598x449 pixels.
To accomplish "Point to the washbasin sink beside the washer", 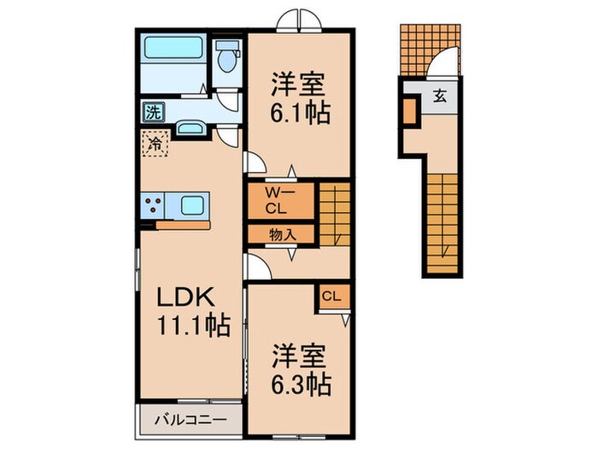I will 190,129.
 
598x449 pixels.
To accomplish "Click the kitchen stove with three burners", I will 155,205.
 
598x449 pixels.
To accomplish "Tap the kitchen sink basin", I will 191,205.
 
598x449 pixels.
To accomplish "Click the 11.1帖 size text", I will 193,326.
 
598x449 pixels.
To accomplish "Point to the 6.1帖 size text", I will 301,112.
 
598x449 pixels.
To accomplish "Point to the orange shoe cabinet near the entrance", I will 411,111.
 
